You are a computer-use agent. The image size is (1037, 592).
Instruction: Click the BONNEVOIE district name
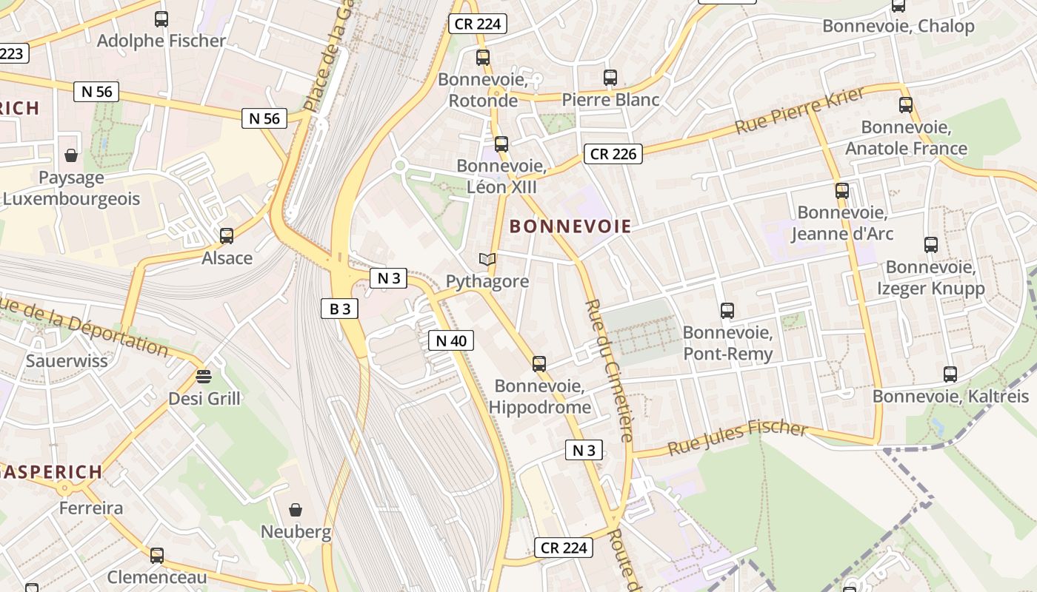pos(570,226)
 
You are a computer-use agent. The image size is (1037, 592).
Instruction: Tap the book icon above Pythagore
pos(487,259)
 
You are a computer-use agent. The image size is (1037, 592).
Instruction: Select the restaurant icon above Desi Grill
pos(204,376)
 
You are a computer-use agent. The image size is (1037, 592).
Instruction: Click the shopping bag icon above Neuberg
pos(296,510)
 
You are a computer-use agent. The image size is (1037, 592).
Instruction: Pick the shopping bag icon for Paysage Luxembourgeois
pos(71,155)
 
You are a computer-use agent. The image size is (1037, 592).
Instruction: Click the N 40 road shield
pos(450,340)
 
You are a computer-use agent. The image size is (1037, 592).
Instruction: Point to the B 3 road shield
pos(339,309)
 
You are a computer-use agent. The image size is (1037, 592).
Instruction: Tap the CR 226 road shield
pos(613,154)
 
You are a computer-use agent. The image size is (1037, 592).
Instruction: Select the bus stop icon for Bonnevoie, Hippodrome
pos(539,363)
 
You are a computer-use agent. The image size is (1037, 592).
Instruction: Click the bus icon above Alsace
pos(227,236)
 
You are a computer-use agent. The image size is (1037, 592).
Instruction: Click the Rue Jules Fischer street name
pos(737,438)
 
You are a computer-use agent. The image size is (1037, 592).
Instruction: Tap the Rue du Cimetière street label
pos(609,370)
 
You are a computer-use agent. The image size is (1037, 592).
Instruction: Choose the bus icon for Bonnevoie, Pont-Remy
pos(727,310)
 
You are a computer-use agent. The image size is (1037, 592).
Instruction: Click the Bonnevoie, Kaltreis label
pos(950,397)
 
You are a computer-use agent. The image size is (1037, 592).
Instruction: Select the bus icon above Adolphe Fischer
pos(161,19)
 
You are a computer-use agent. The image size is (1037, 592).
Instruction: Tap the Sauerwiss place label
pos(67,361)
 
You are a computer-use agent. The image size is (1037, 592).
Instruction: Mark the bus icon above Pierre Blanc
pos(610,77)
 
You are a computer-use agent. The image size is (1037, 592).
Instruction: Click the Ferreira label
pos(91,508)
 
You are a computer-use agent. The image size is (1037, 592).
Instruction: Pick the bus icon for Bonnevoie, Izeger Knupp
pos(931,244)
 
